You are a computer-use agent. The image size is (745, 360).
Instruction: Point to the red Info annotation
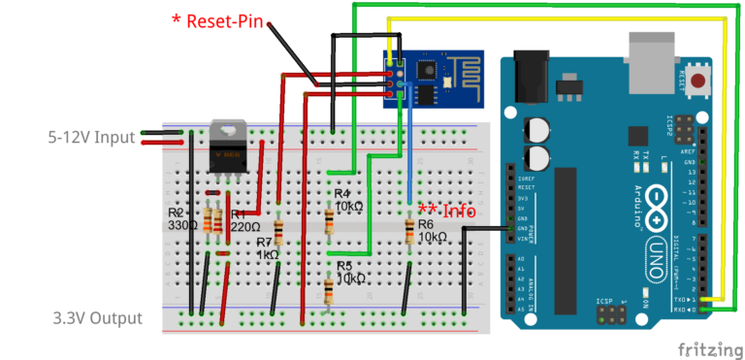point(446,210)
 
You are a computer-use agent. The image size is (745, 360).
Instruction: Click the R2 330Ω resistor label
point(181,218)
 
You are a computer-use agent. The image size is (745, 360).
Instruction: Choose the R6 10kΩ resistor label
point(432,230)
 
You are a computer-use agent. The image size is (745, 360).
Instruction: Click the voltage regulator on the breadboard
point(229,147)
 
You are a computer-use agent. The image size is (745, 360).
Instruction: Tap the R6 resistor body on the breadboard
point(409,229)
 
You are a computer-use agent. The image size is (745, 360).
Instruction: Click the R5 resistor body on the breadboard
point(329,289)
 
